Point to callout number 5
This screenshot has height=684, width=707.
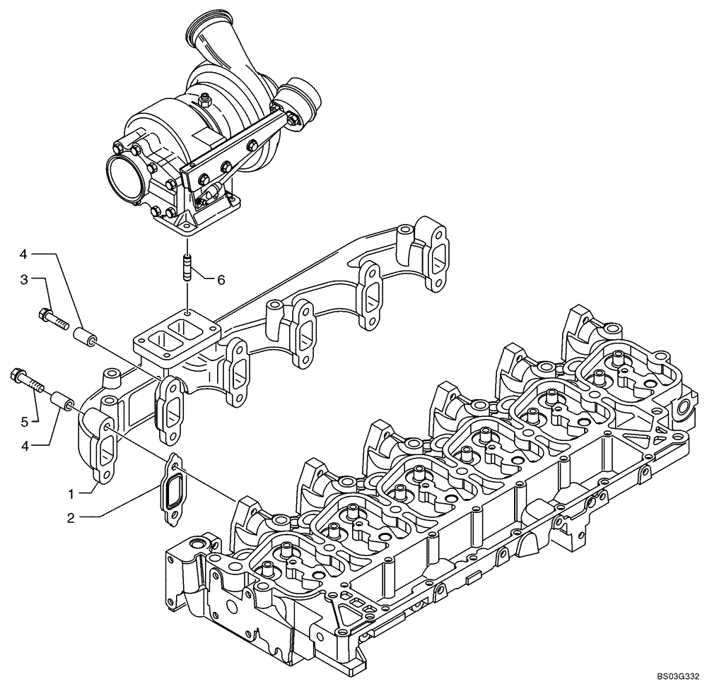click(25, 422)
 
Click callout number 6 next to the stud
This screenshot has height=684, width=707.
click(221, 280)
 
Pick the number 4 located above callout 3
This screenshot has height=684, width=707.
click(23, 253)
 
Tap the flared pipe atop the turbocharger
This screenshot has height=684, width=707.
click(209, 35)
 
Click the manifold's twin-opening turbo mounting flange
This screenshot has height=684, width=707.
click(177, 336)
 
